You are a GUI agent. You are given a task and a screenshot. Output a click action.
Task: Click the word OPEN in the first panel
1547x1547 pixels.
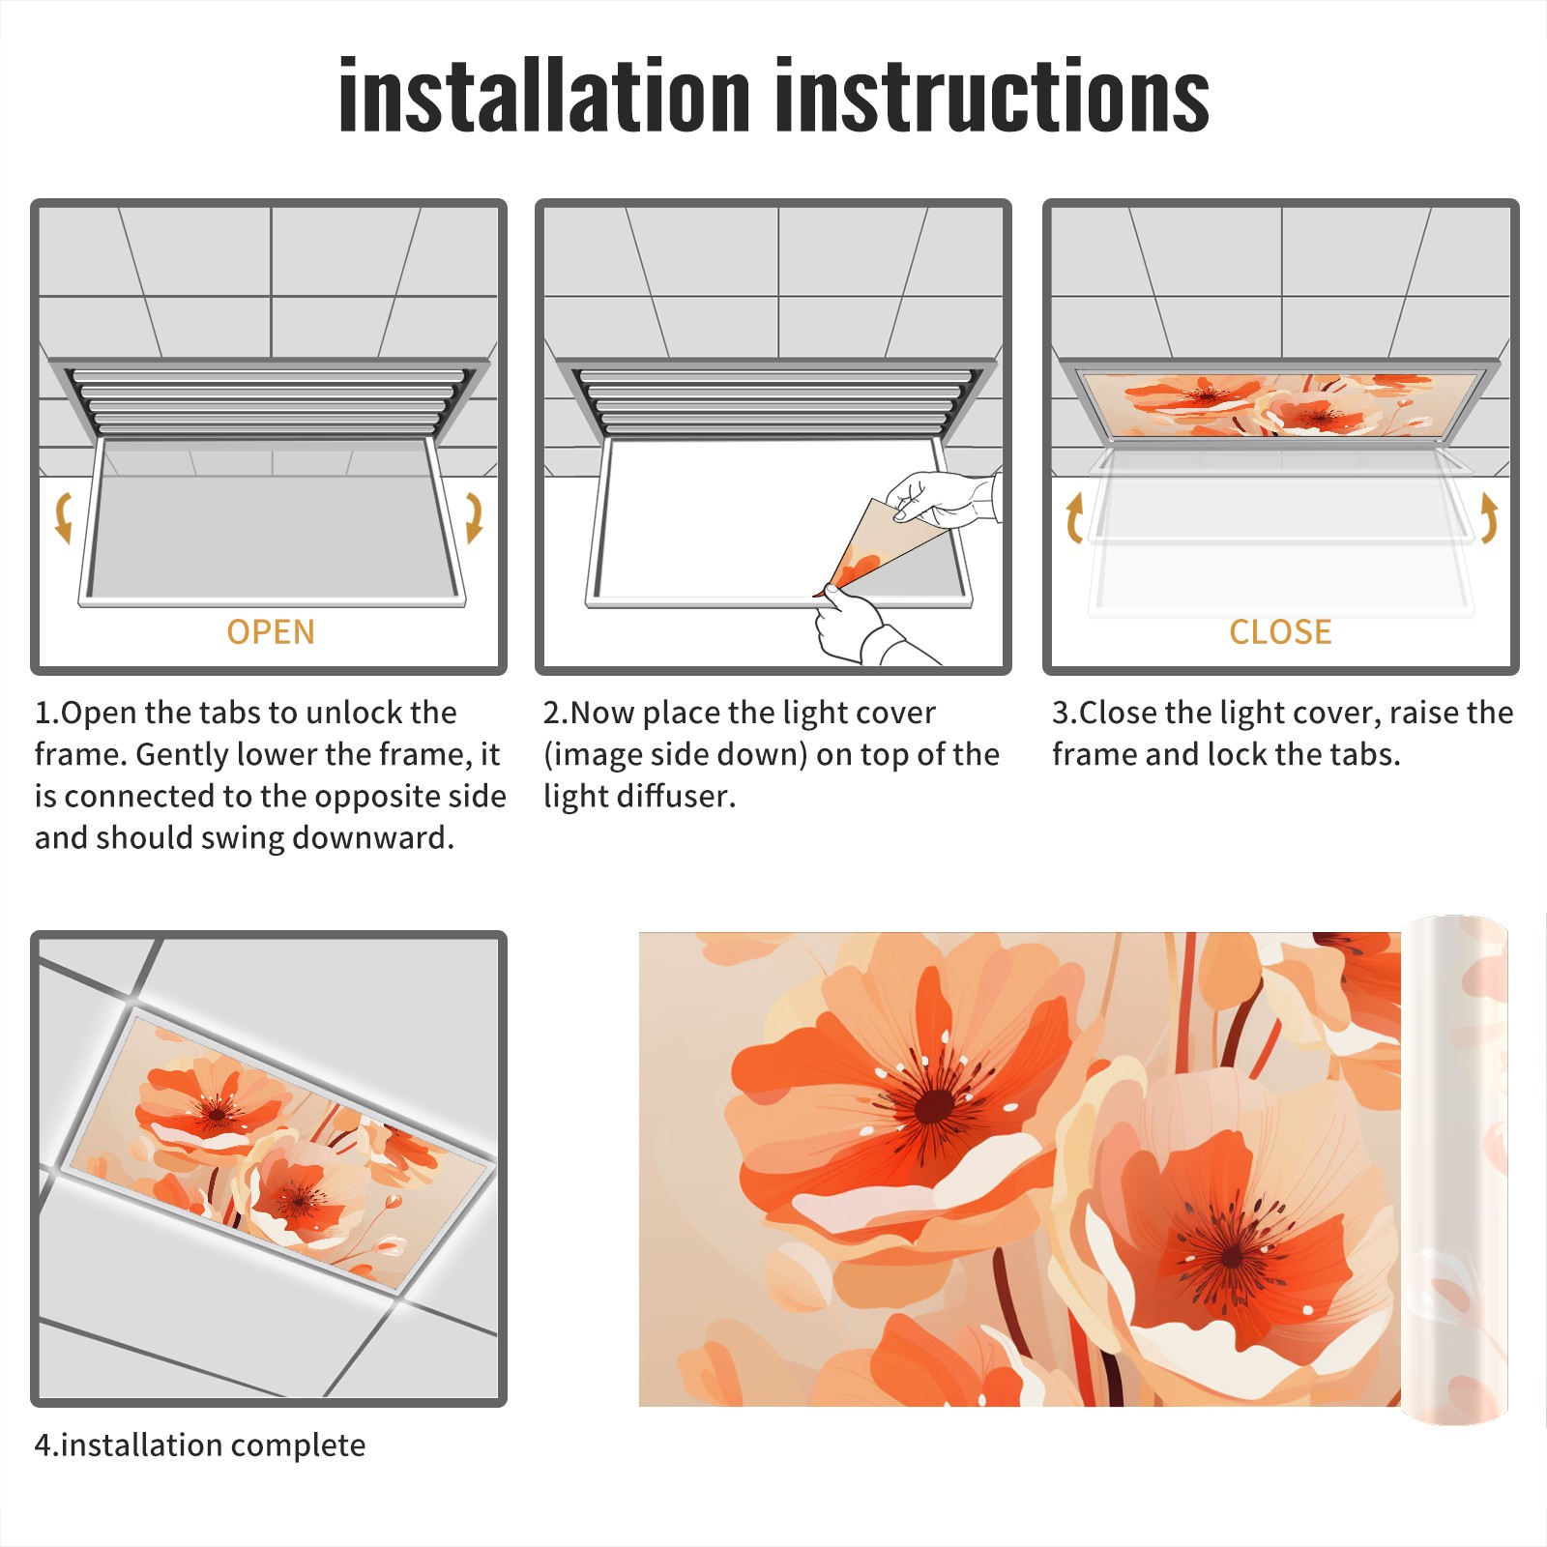tap(271, 632)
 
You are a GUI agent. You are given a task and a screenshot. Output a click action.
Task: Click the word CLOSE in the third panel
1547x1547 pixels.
tap(1280, 632)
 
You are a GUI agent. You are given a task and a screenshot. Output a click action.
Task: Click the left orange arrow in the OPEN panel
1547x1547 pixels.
tap(63, 517)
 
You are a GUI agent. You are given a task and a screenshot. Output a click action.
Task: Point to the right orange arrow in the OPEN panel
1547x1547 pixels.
tap(474, 517)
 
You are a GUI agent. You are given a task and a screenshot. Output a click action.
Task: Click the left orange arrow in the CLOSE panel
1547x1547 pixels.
tap(1074, 517)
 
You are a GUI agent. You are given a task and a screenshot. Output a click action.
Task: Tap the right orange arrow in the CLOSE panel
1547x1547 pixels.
tap(1489, 517)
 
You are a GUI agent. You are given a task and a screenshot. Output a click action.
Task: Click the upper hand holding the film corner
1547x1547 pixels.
tap(943, 498)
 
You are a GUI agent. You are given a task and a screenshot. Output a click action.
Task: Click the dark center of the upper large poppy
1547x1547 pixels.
tap(933, 1105)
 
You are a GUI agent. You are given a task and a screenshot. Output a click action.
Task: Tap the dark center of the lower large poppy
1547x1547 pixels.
tap(1231, 1257)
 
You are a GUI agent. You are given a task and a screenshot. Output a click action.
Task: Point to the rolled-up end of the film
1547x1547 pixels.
tap(1454, 1170)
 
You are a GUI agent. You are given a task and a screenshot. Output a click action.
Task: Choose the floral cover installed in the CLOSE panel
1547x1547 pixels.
tap(1280, 404)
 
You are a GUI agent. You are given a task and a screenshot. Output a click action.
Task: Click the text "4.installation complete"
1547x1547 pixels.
tap(200, 1445)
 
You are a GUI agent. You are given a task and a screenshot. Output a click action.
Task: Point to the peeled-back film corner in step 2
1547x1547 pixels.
tap(870, 546)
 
